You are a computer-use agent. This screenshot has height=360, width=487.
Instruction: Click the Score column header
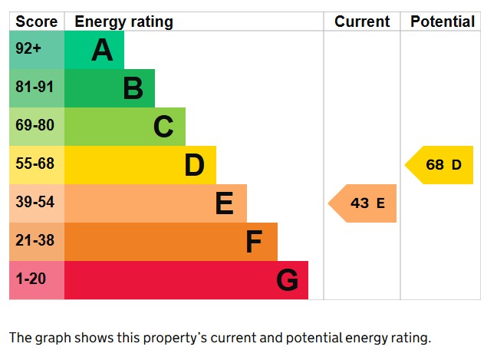(36, 21)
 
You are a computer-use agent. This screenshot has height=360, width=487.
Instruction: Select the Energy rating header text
(123, 21)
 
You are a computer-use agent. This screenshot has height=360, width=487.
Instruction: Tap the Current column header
(362, 21)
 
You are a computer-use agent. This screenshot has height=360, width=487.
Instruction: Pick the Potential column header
(443, 21)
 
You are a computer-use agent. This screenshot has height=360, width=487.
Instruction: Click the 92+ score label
(28, 49)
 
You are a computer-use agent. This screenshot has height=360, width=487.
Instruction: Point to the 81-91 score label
(35, 88)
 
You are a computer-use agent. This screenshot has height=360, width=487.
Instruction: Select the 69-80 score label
(35, 126)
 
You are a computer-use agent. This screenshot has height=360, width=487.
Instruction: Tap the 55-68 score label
(35, 164)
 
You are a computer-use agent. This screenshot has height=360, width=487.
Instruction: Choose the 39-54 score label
(35, 203)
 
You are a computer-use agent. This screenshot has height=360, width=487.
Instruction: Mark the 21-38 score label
(35, 241)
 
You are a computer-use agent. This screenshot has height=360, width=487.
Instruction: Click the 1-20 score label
(31, 279)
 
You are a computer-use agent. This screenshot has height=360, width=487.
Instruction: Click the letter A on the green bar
(102, 51)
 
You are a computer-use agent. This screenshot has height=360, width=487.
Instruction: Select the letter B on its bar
(133, 89)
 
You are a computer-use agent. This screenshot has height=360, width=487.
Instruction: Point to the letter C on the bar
(163, 127)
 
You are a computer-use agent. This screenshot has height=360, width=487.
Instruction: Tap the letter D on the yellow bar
(194, 166)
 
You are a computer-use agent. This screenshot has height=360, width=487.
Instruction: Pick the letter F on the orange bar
(255, 243)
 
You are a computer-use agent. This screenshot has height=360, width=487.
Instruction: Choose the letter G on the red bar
(287, 281)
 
